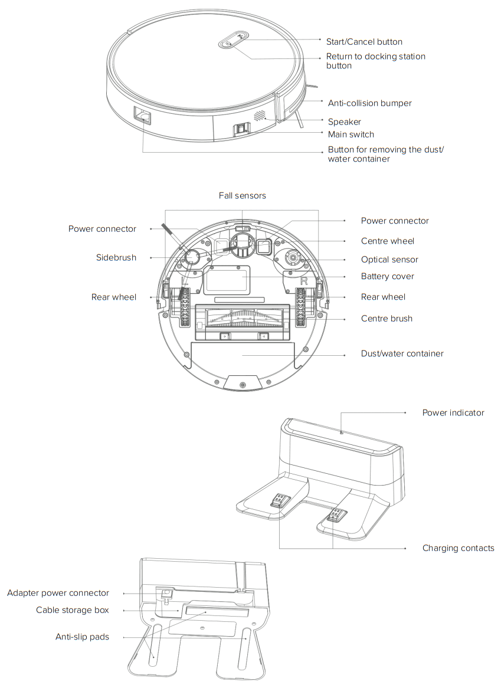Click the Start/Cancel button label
[x=364, y=42]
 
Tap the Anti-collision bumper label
[x=369, y=103]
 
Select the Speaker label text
[x=344, y=122]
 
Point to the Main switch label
[x=350, y=135]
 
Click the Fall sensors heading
[x=242, y=195]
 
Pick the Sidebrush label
[x=116, y=257]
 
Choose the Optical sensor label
[x=389, y=260]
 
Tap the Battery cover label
[x=387, y=276]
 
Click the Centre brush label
[x=386, y=319]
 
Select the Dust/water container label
[x=402, y=353]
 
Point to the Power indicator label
[x=453, y=413]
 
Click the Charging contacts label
[x=458, y=548]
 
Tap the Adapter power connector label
[x=58, y=593]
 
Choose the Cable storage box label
[x=72, y=610]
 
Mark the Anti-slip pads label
[x=82, y=637]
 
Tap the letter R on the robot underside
[x=304, y=280]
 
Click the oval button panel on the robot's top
[x=234, y=42]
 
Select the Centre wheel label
[x=387, y=241]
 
